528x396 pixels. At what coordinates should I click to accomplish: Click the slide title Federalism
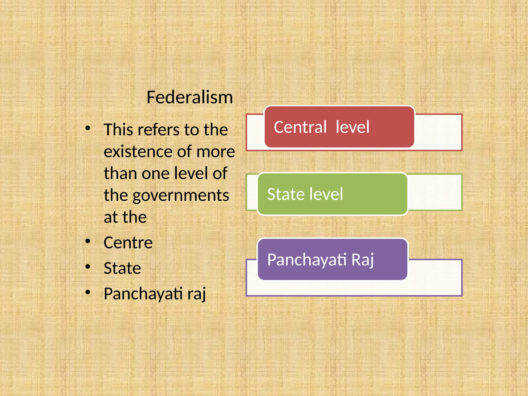point(189,97)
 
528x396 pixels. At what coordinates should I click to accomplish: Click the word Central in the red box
point(300,127)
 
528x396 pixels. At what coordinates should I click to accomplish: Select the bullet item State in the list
point(122,268)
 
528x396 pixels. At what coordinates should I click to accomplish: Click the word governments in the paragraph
point(180,195)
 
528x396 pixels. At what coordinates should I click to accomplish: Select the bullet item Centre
point(128,243)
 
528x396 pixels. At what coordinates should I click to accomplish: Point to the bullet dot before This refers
point(88,128)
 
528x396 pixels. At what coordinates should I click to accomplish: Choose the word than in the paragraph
point(120,173)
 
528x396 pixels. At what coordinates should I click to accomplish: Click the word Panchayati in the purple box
point(307,260)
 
